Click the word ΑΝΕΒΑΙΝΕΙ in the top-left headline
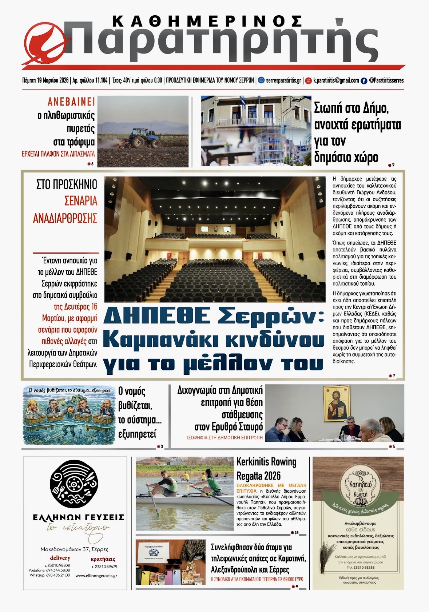tap(71, 102)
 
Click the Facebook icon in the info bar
tap(364, 81)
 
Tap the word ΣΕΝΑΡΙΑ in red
tap(81, 200)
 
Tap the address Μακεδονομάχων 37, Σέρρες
tap(74, 549)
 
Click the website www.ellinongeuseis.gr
tap(96, 576)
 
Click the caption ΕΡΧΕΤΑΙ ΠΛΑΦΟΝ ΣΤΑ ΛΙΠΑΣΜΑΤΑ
tap(58, 154)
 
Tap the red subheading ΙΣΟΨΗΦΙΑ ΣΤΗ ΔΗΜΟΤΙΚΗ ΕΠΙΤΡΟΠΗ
tap(225, 437)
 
